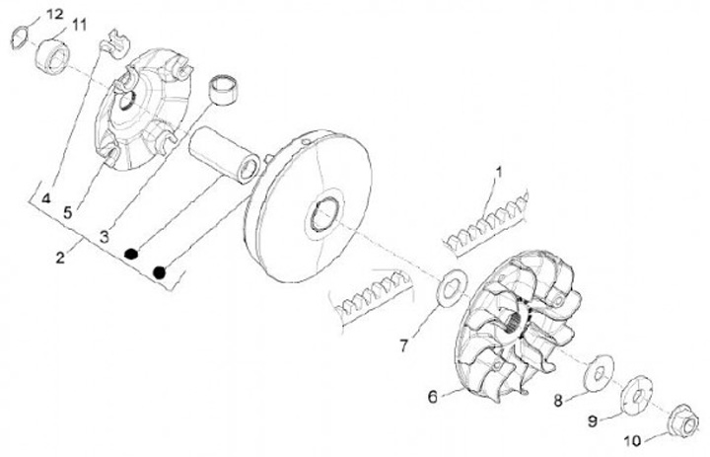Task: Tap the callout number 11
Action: tap(79, 22)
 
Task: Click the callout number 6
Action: tap(432, 398)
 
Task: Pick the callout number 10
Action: tap(635, 440)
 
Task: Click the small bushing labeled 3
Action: tap(225, 90)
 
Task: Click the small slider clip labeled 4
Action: tap(117, 44)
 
